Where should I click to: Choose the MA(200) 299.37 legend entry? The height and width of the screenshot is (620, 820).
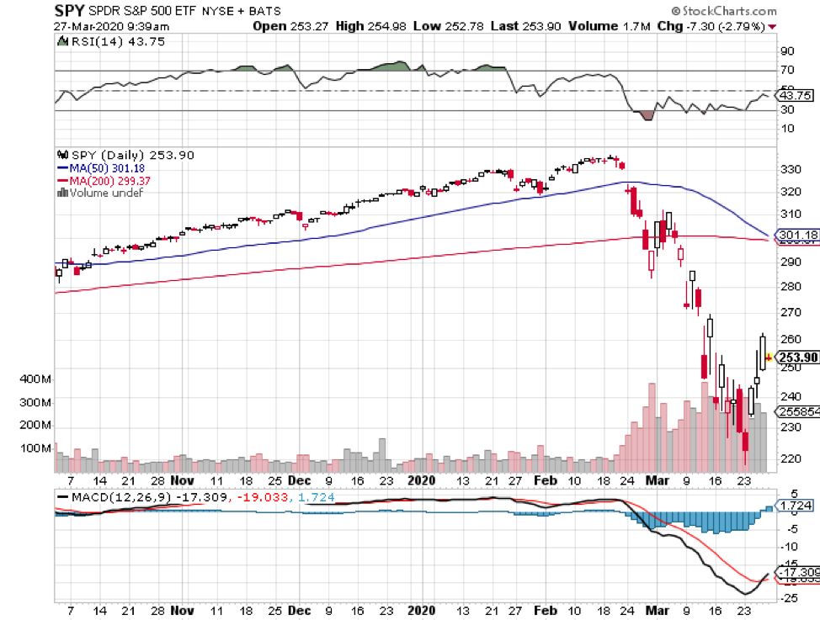103,180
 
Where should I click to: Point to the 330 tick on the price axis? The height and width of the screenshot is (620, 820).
791,169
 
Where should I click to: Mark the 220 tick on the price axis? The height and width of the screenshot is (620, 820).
791,459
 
